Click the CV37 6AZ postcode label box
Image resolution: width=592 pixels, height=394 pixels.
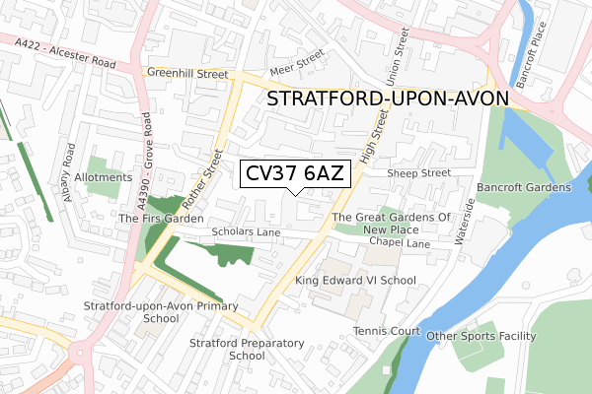[x=292, y=174]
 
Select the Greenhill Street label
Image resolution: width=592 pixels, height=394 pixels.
[x=187, y=72]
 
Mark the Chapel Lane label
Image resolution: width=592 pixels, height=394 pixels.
[x=400, y=242]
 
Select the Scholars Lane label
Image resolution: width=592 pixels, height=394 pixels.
[x=246, y=232]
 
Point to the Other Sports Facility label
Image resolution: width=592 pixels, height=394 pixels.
[x=481, y=336]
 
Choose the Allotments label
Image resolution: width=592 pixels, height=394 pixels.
[x=102, y=177]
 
